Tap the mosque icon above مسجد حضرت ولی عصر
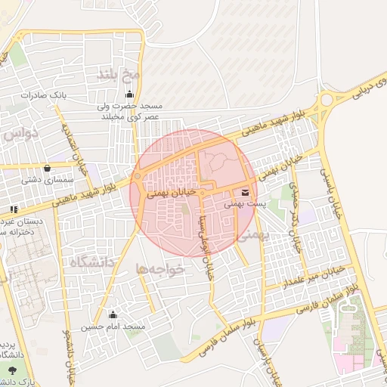click(x=130, y=94)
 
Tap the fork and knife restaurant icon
click(x=14, y=209)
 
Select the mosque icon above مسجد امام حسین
click(x=113, y=314)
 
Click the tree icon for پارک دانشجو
click(x=14, y=370)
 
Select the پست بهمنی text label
click(x=244, y=203)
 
